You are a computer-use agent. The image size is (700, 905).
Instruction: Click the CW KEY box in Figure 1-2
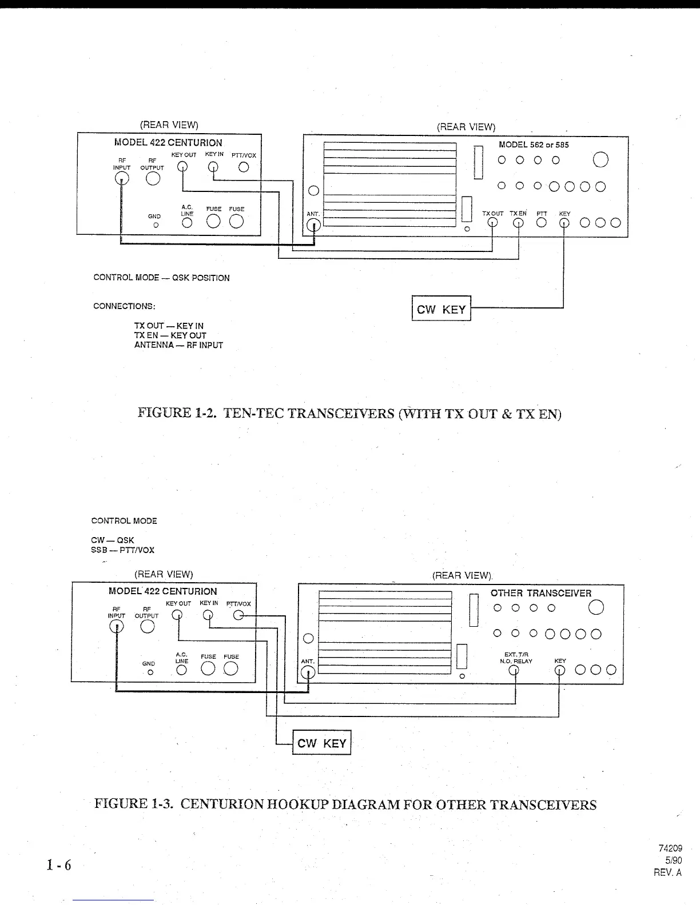point(441,309)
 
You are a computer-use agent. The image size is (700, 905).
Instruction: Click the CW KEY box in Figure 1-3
point(321,743)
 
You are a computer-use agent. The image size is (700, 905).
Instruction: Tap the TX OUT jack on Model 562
point(492,223)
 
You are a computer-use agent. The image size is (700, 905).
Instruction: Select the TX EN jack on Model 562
point(518,223)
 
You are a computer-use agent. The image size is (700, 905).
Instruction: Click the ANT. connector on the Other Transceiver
point(308,672)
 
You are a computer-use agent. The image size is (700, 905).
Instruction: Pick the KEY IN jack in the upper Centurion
point(213,167)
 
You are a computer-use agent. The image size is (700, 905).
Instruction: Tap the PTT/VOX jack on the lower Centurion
point(239,615)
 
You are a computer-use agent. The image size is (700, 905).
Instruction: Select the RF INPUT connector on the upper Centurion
point(121,178)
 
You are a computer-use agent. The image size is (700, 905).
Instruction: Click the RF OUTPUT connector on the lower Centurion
point(148,627)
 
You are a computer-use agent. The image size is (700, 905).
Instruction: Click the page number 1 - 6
point(59,865)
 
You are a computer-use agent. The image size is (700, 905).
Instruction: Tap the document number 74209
point(671,848)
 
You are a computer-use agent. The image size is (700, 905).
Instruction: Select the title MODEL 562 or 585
point(534,145)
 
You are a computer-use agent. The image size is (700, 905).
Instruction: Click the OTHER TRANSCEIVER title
point(540,593)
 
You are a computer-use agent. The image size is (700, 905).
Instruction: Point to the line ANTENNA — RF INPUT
point(178,345)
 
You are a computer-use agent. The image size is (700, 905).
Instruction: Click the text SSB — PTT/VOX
point(122,550)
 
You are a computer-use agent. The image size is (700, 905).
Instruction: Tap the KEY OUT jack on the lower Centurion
point(178,615)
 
